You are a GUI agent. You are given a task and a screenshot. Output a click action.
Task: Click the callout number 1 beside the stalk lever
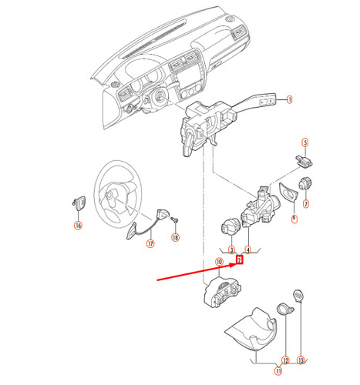tap(291, 99)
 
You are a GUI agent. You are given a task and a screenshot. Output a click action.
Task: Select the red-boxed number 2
tap(240, 259)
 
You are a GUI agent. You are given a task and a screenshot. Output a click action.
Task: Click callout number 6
tap(294, 219)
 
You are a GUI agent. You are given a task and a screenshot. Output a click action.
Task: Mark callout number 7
tap(305, 204)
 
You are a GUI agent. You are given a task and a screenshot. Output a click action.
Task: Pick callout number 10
tap(219, 262)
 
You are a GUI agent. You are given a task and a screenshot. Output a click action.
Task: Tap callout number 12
tap(285, 360)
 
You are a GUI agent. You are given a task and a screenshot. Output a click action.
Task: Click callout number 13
tap(301, 360)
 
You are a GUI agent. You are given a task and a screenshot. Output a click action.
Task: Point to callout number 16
tap(77, 226)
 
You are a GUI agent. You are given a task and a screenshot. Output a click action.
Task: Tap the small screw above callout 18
tap(175, 221)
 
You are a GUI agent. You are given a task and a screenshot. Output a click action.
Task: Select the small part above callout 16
tap(78, 203)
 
